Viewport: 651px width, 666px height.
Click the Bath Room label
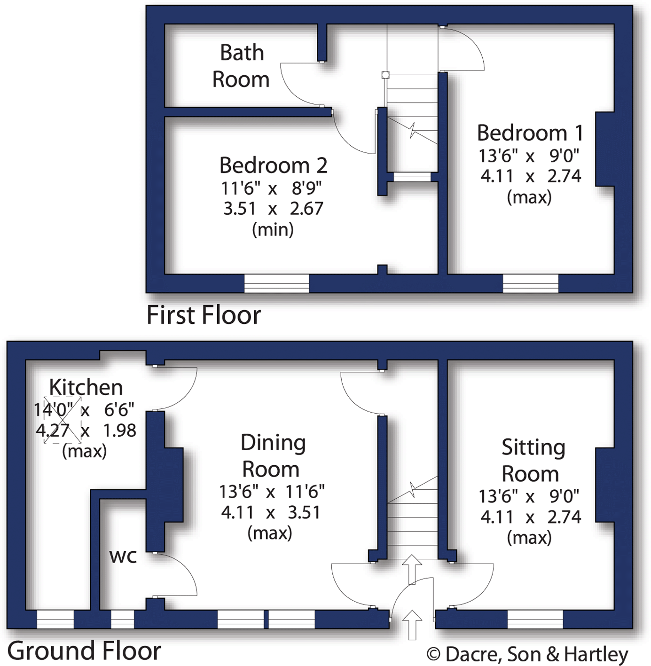(x=241, y=66)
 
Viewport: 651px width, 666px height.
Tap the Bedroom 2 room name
(x=273, y=165)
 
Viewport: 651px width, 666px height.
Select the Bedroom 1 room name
(x=530, y=133)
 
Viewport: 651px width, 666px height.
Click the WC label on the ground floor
(x=123, y=556)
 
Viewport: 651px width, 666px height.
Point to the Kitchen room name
(x=86, y=387)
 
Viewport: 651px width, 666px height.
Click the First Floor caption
(x=204, y=315)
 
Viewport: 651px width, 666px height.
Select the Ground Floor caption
(x=84, y=651)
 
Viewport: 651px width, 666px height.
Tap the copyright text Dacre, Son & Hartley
(x=527, y=654)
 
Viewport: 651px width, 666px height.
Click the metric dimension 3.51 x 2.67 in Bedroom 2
(x=273, y=208)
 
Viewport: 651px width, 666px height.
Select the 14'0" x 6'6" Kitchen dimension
(x=84, y=410)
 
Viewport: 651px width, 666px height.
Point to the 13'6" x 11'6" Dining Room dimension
(x=272, y=492)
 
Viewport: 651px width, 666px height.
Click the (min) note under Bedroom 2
(x=273, y=229)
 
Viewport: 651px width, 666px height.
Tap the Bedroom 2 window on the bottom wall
(x=277, y=283)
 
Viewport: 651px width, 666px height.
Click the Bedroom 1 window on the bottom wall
(x=530, y=283)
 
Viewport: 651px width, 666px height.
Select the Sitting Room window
(x=535, y=619)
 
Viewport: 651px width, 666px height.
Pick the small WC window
(x=122, y=619)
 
